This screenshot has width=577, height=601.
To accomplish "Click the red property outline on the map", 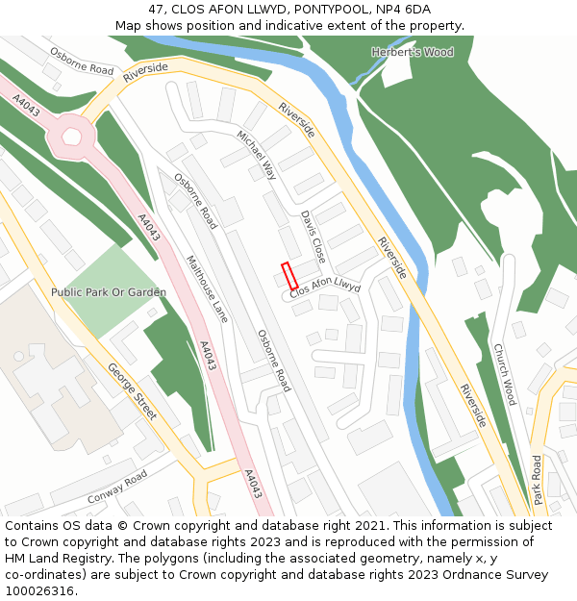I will (x=288, y=276).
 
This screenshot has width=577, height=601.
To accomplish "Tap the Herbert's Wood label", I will (x=413, y=52).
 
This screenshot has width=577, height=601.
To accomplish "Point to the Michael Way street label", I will (x=257, y=155).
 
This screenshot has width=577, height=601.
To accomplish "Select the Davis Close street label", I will (x=314, y=238).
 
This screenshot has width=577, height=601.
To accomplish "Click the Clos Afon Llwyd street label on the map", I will (x=325, y=288).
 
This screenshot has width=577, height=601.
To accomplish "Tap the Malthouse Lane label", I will (x=207, y=288).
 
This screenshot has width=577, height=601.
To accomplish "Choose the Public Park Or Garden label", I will (x=109, y=291).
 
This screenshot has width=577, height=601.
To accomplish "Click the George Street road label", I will (x=132, y=391).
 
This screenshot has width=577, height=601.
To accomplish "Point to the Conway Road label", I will (x=117, y=488).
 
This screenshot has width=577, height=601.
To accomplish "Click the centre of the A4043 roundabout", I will (x=72, y=136).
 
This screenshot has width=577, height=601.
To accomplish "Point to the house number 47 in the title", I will (x=157, y=10).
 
